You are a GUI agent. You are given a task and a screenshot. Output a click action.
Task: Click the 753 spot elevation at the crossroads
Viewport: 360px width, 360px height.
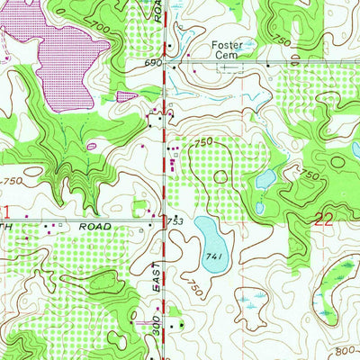(x=175, y=220)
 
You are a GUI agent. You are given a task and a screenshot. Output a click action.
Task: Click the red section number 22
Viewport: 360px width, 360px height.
(x=326, y=217)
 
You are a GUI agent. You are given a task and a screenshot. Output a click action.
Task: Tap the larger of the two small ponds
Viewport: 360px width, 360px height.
(x=265, y=180)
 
